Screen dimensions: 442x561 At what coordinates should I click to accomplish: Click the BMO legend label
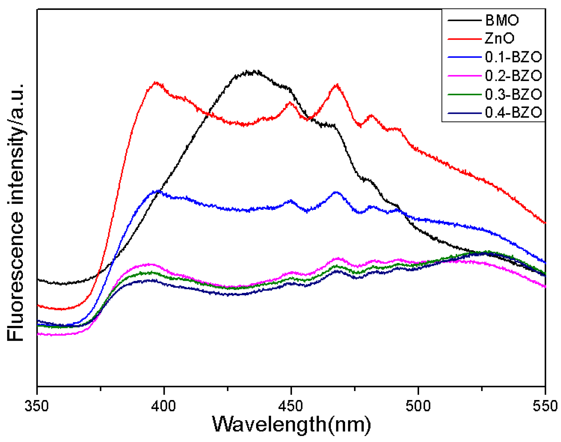pos(502,20)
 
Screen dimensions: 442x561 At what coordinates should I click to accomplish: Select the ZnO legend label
pos(499,38)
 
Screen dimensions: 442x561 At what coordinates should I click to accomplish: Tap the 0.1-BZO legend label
pos(513,57)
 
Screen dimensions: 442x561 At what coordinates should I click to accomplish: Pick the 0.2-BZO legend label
pos(513,76)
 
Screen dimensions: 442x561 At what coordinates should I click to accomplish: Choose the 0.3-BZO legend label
pos(513,94)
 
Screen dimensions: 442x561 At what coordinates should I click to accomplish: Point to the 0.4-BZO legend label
pos(513,112)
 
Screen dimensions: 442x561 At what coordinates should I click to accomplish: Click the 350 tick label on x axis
pos(37,406)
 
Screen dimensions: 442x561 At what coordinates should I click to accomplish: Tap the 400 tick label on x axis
pos(164,406)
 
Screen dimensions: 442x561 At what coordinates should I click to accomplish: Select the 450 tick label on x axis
pos(291,406)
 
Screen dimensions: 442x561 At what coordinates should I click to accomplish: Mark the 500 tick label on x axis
pos(418,406)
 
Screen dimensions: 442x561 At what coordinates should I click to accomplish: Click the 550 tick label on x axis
pos(545,406)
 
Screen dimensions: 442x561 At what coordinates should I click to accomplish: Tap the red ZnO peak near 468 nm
pos(337,85)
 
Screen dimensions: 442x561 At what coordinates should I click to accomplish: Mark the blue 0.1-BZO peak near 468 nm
pos(336,192)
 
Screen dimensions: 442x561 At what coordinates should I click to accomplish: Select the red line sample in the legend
pos(464,38)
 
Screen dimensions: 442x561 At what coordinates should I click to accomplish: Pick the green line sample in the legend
pos(464,94)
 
